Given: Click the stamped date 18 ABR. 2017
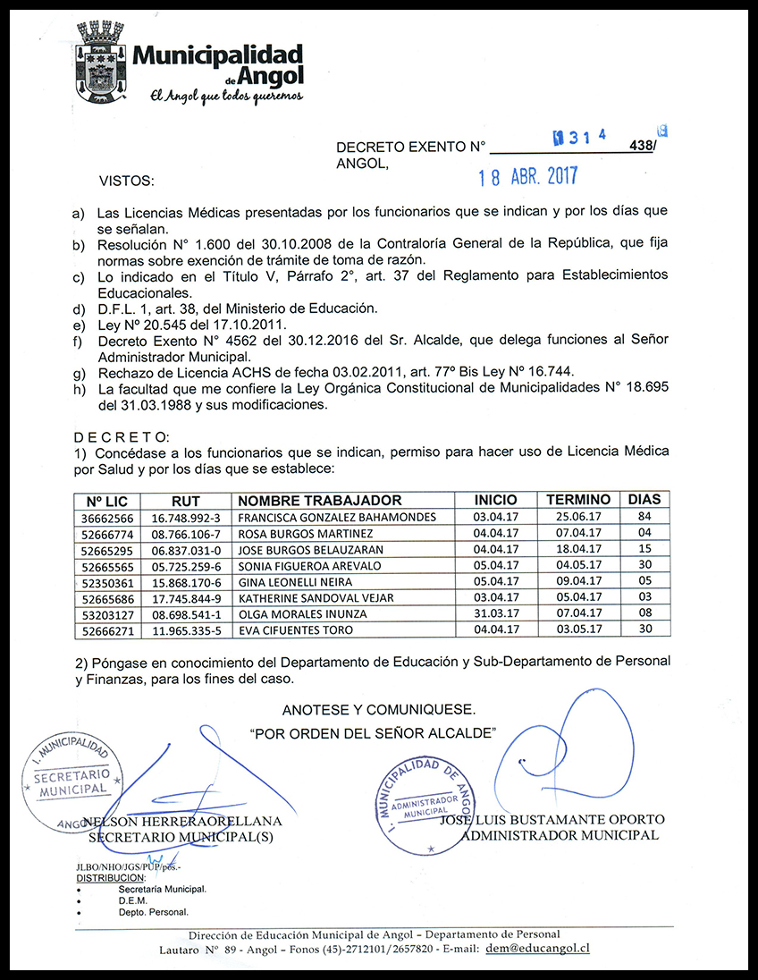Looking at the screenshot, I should (x=527, y=176).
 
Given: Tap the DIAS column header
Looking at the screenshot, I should (x=645, y=500).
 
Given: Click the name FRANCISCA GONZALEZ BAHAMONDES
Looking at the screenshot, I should (x=337, y=518).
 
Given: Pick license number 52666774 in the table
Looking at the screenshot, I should (x=108, y=534).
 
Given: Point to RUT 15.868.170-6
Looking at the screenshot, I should (x=186, y=582).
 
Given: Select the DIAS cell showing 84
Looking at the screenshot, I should (x=645, y=518).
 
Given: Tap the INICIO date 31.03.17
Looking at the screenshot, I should (x=495, y=614).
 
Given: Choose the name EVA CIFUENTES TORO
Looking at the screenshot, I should (x=295, y=630).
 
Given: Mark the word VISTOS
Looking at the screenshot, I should (x=126, y=182).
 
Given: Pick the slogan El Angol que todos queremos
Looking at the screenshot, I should (x=226, y=96).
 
